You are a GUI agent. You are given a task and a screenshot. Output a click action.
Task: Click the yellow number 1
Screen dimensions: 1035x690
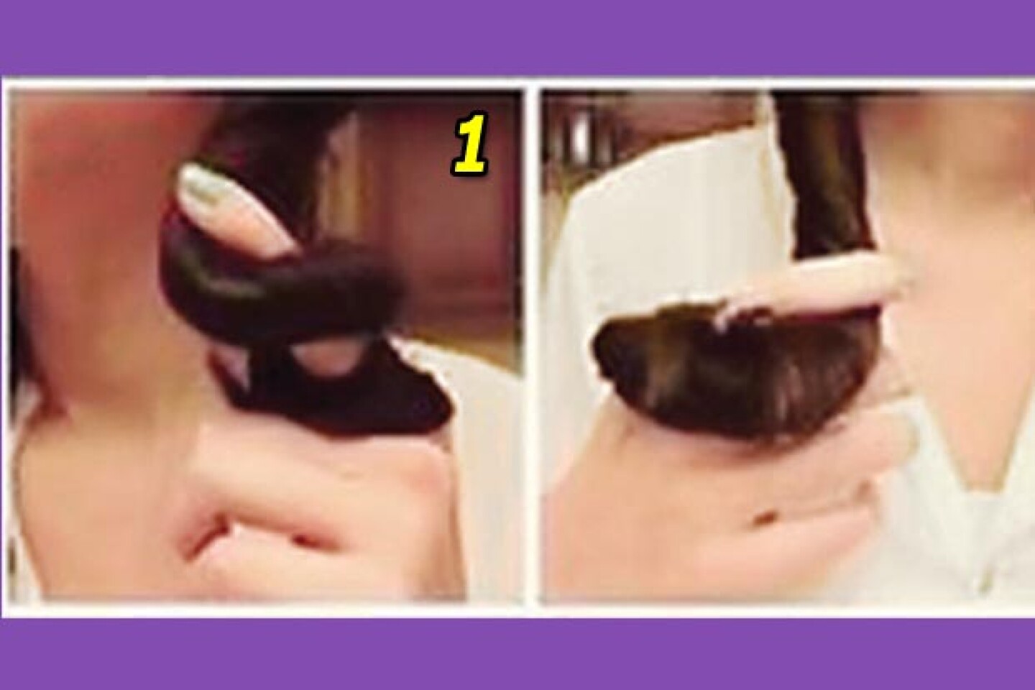click(470, 144)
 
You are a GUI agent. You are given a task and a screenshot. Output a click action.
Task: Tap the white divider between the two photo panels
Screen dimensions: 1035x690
click(531, 346)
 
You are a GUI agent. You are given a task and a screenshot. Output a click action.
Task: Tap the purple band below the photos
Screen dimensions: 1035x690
click(517, 654)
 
